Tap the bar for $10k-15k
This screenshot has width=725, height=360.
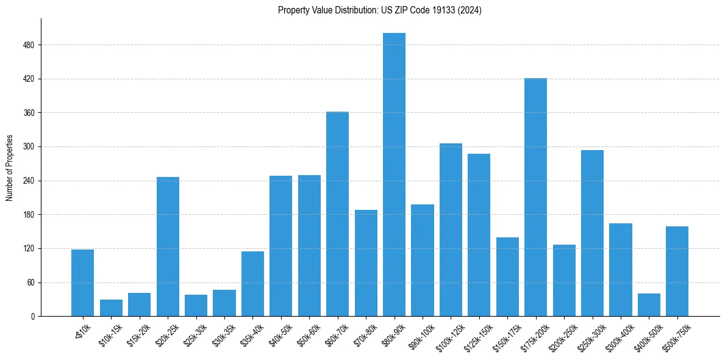[111, 308]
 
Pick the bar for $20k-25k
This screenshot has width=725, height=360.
[168, 247]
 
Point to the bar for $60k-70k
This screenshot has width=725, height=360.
[337, 214]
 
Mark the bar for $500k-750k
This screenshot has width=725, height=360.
[677, 272]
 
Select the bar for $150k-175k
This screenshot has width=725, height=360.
[507, 276]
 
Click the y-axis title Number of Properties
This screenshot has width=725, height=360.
[10, 168]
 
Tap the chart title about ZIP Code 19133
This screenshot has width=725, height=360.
[379, 10]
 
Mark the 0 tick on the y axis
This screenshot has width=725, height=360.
[33, 317]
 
